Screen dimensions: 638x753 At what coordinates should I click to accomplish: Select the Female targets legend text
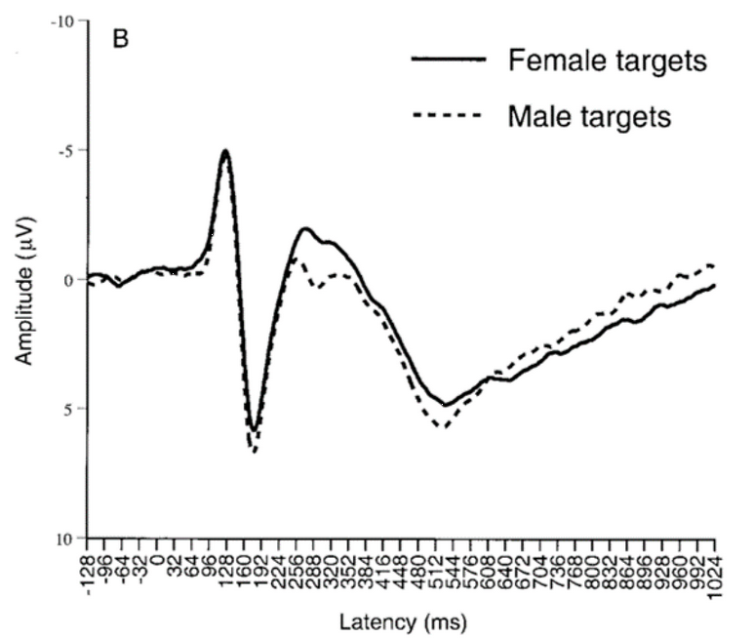(x=607, y=61)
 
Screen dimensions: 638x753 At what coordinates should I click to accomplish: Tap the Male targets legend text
(x=589, y=117)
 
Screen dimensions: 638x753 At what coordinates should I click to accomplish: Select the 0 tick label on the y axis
(x=70, y=280)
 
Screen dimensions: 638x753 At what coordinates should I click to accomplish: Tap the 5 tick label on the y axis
(x=70, y=409)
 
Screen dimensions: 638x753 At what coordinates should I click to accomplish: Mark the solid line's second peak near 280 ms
(x=305, y=229)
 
